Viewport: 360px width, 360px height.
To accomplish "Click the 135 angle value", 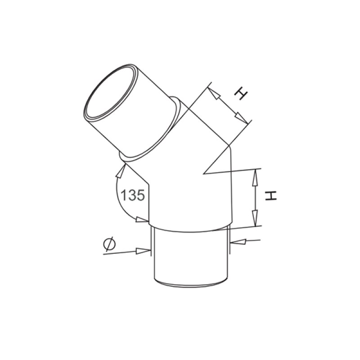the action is (133, 195).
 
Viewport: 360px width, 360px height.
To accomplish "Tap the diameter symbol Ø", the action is (109, 243).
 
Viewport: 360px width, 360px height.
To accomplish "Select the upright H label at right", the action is (271, 196).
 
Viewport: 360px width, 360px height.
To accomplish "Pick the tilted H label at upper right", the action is (241, 93).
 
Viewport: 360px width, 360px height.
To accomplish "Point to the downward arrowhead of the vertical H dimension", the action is (255, 218).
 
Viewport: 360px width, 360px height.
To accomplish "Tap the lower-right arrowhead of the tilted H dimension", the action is (242, 118).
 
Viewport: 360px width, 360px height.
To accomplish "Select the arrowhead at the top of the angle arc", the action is (121, 171).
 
